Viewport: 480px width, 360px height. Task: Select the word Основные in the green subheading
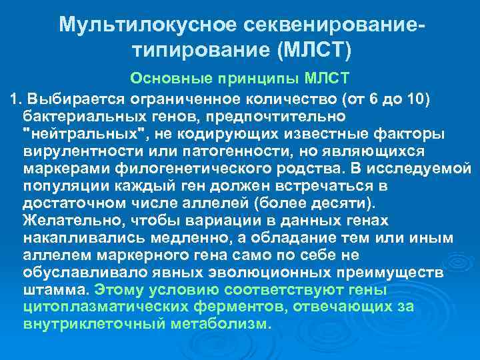click(x=161, y=79)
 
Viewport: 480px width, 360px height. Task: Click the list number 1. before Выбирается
click(x=13, y=99)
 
